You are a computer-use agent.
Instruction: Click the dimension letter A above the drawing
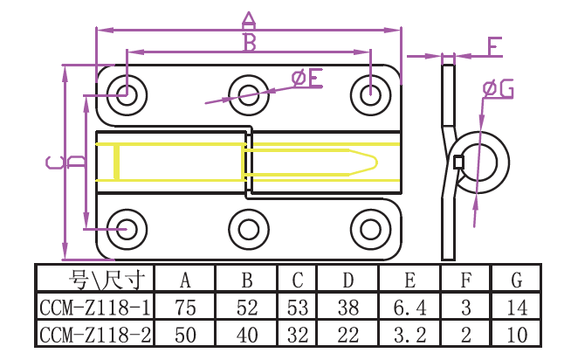pyautogui.click(x=248, y=19)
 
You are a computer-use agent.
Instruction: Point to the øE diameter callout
pyautogui.click(x=306, y=80)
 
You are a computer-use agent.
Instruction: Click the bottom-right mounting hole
pyautogui.click(x=369, y=228)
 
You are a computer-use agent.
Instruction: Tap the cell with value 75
pyautogui.click(x=185, y=307)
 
